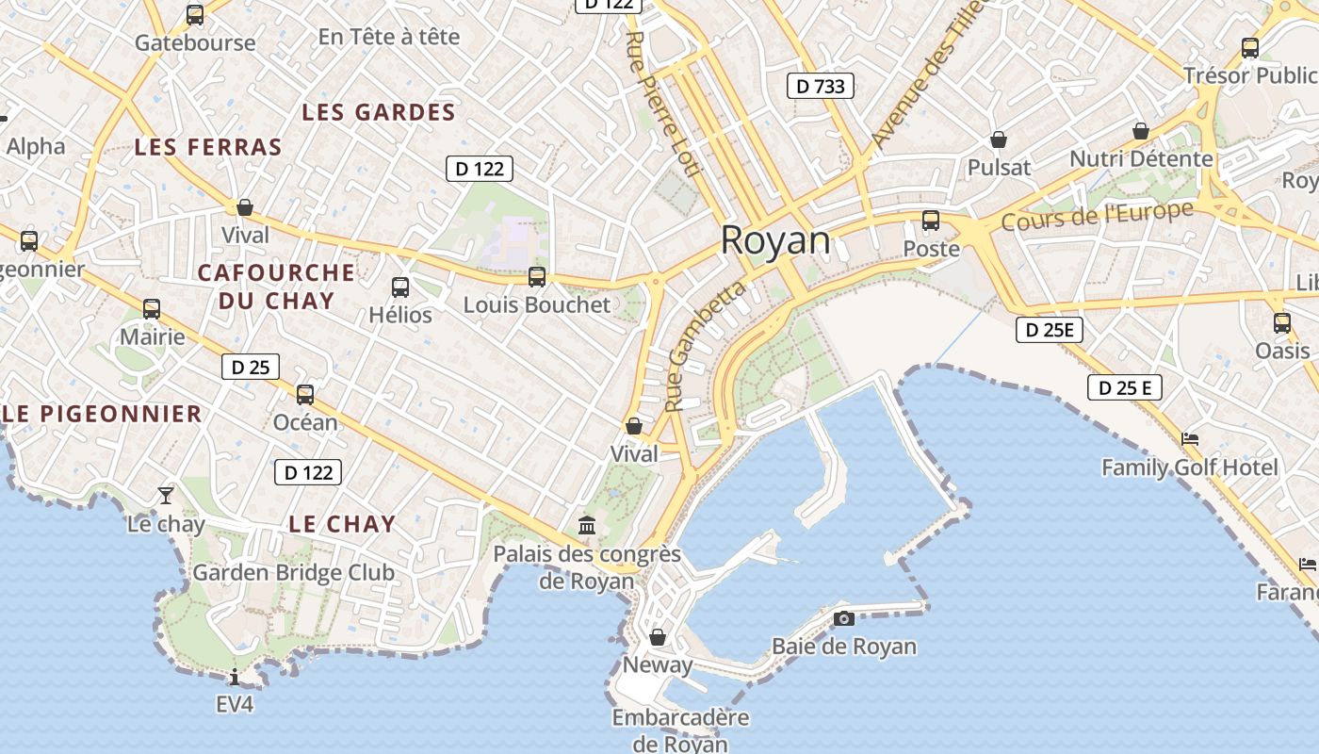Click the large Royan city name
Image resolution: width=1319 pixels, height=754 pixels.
click(x=775, y=241)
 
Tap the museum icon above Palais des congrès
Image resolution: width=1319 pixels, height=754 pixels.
click(x=587, y=524)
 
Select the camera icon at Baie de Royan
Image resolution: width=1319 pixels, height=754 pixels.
click(x=844, y=618)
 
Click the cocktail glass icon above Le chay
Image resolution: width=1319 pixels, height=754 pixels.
click(x=166, y=494)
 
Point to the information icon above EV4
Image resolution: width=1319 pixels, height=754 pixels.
click(x=235, y=676)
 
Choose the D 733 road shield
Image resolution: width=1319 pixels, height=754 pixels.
click(x=820, y=87)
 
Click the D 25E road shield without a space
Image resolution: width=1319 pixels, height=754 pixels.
click(x=1050, y=330)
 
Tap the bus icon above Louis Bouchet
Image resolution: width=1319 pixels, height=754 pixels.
click(x=537, y=276)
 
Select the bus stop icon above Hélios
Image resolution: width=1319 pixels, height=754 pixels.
click(x=400, y=287)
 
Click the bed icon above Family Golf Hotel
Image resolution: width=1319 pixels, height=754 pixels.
click(x=1190, y=439)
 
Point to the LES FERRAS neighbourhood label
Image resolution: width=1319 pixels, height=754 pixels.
click(x=208, y=147)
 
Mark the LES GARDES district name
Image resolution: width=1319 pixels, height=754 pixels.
click(x=379, y=112)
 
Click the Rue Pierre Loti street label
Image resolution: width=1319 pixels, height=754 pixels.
click(x=663, y=104)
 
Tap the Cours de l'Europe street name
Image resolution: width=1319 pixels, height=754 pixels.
click(x=1098, y=216)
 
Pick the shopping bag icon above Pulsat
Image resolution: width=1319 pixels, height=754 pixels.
click(x=999, y=140)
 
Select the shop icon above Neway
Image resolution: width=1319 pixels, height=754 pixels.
click(x=658, y=637)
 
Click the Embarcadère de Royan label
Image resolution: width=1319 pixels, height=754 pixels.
click(x=680, y=730)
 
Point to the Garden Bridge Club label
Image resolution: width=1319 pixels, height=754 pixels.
click(x=293, y=572)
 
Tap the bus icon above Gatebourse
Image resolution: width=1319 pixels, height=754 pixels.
click(x=195, y=14)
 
